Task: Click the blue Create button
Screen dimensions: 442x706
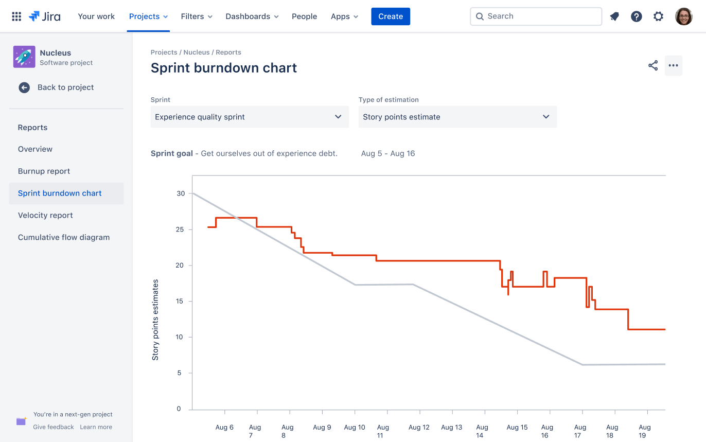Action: tap(391, 16)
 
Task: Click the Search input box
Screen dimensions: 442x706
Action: tap(536, 16)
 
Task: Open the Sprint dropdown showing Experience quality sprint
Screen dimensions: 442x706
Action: tap(250, 117)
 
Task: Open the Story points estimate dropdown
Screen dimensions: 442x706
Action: tap(457, 117)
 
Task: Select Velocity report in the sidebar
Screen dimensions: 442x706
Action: tap(45, 215)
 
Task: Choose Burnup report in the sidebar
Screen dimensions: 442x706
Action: tap(44, 171)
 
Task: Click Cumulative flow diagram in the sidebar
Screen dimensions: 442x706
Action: tap(64, 237)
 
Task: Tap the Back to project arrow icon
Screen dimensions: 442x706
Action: tap(24, 87)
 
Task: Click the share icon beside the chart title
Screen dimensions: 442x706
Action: tap(653, 65)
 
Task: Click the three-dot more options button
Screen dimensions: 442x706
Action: tap(674, 65)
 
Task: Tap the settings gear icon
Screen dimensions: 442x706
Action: tap(658, 16)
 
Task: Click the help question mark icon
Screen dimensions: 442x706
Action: tap(637, 16)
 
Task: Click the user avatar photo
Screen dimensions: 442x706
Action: tap(684, 16)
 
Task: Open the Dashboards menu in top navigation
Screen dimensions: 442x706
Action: tap(252, 16)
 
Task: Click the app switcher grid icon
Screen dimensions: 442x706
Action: tap(16, 16)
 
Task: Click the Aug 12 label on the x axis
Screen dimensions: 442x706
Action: tap(419, 427)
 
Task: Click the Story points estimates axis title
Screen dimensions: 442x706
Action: tap(155, 320)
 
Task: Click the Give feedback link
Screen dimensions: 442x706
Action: tap(54, 427)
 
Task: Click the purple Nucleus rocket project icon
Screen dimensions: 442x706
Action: tap(24, 57)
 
